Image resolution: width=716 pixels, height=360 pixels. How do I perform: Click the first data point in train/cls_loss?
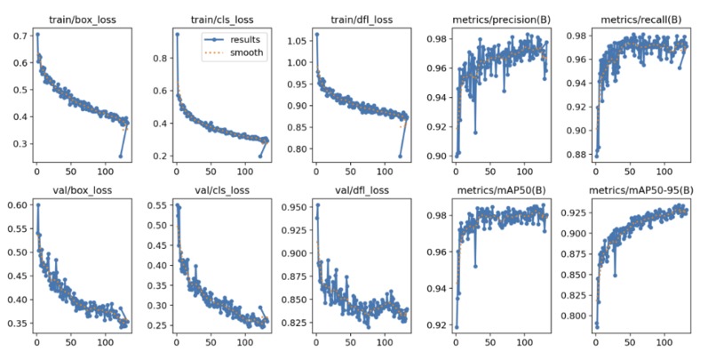[176, 35]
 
